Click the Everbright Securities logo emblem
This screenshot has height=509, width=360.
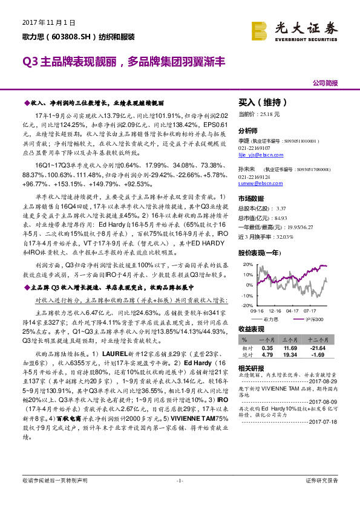point(259,30)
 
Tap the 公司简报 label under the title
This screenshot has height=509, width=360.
point(325,83)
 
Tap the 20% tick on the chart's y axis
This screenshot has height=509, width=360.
point(246,265)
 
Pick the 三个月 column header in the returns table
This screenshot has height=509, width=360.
point(292,340)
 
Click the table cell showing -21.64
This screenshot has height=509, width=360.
point(318,348)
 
